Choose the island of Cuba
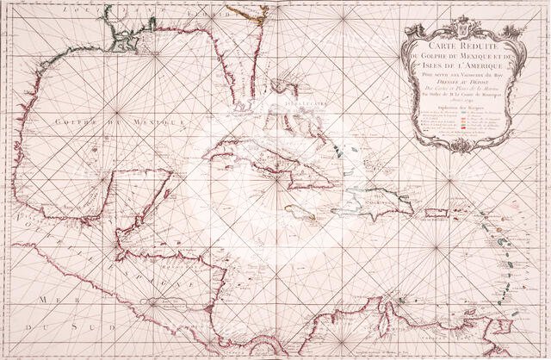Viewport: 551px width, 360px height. (258, 159)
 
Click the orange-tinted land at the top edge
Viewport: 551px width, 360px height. (251, 9)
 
